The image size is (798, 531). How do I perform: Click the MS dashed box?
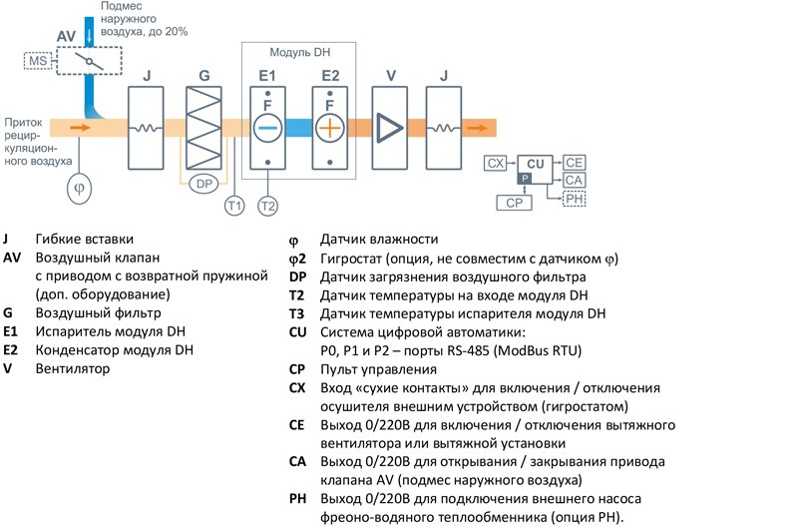pyautogui.click(x=38, y=61)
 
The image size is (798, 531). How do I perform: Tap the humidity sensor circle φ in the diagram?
pyautogui.click(x=80, y=189)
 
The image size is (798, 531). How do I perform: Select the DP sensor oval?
pyautogui.click(x=203, y=184)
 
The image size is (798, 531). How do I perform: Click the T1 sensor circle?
pyautogui.click(x=234, y=206)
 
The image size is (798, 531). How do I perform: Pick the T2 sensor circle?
pyautogui.click(x=267, y=206)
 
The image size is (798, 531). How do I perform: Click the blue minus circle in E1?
pyautogui.click(x=267, y=128)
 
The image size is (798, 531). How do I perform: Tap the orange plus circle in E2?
pyautogui.click(x=330, y=128)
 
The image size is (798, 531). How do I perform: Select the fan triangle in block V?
pyautogui.click(x=389, y=128)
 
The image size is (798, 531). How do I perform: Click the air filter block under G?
pyautogui.click(x=203, y=128)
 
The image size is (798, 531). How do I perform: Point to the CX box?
pyautogui.click(x=495, y=164)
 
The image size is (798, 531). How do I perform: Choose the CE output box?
pyautogui.click(x=575, y=163)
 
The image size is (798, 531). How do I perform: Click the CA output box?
pyautogui.click(x=575, y=181)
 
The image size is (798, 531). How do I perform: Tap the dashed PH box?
pyautogui.click(x=575, y=199)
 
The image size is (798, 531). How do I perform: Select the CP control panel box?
pyautogui.click(x=514, y=203)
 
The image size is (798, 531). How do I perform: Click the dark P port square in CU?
pyautogui.click(x=525, y=179)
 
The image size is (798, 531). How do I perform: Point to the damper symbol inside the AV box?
pyautogui.click(x=89, y=62)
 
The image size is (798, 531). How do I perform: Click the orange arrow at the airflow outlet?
pyautogui.click(x=478, y=128)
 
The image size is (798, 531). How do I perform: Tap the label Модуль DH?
pyautogui.click(x=300, y=53)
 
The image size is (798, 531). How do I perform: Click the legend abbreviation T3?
pyautogui.click(x=296, y=313)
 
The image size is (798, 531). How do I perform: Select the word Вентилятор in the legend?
pyautogui.click(x=72, y=368)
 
